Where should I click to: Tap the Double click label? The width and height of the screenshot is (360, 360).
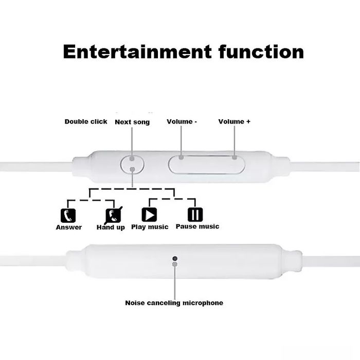(x=86, y=122)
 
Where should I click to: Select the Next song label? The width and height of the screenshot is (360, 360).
(x=132, y=122)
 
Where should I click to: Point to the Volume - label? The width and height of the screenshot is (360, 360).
(x=182, y=122)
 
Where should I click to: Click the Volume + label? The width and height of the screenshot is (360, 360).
(x=235, y=122)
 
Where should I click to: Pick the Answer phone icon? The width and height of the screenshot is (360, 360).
(x=68, y=215)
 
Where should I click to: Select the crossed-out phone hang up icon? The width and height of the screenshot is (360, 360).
(x=113, y=214)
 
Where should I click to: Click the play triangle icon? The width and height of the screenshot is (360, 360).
(x=149, y=214)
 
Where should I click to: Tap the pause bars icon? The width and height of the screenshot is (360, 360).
(x=195, y=214)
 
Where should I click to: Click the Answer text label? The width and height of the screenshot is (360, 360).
(x=69, y=227)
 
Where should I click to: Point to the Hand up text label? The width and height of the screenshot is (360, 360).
(x=111, y=227)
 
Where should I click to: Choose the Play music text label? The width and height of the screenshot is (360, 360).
(x=150, y=227)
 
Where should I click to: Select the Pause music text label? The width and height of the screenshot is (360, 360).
(x=197, y=226)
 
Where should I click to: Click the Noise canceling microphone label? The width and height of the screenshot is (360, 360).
(x=174, y=303)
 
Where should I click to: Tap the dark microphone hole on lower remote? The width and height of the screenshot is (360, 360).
(x=174, y=258)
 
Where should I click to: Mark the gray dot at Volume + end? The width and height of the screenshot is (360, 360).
(x=235, y=157)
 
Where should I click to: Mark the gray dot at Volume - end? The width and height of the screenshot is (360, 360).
(x=182, y=157)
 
